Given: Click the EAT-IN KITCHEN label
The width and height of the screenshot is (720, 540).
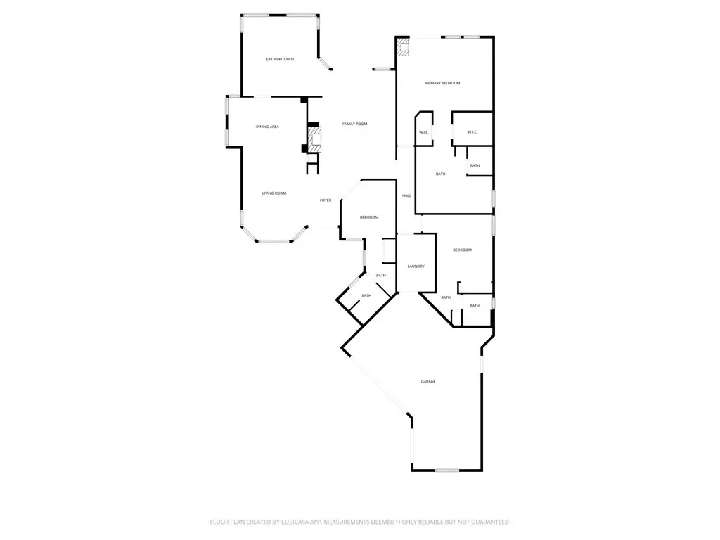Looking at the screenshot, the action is (280, 59).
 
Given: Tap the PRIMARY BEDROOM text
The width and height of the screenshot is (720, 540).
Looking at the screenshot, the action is (442, 83).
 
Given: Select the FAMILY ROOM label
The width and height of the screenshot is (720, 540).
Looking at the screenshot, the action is (355, 124).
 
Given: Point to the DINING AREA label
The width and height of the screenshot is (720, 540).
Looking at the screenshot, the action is (267, 127).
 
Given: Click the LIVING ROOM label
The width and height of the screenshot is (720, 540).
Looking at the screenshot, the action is (274, 193).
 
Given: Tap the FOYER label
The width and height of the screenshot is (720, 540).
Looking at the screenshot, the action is (326, 200).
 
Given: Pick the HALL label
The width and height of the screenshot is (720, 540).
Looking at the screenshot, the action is (406, 195).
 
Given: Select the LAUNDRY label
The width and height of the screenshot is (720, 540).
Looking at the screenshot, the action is (416, 266).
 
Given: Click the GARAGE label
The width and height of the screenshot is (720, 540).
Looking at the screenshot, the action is (428, 382).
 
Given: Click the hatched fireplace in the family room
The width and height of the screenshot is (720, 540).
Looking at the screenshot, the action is (314, 139).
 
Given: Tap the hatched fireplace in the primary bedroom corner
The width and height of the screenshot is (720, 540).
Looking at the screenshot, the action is (403, 47).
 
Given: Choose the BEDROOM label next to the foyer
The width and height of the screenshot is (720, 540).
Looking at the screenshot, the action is (369, 217).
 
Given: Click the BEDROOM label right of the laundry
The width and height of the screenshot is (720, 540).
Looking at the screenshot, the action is (463, 250).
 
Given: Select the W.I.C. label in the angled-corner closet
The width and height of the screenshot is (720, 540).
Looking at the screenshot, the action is (424, 133).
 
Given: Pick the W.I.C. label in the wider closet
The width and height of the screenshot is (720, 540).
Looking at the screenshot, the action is (472, 132).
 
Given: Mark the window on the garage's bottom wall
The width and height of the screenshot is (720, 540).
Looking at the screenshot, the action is (447, 470).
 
